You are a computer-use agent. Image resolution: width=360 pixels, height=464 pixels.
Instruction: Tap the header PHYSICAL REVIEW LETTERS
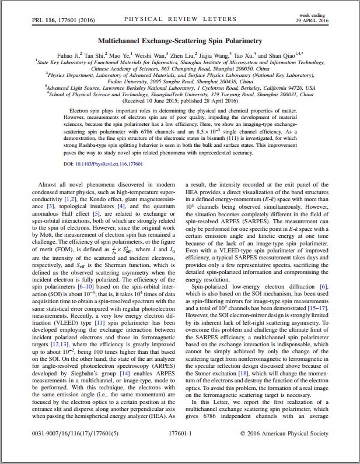click(x=180, y=19)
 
